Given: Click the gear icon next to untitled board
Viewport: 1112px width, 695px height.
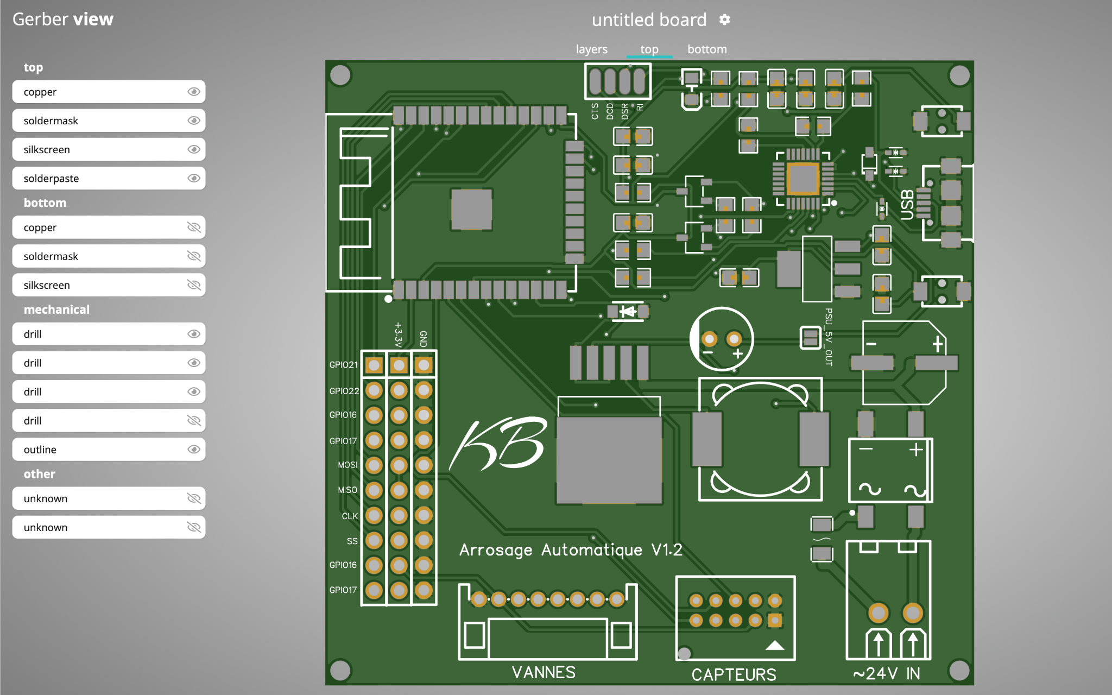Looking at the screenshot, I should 724,20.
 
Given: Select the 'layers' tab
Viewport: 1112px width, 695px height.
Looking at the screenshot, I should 591,49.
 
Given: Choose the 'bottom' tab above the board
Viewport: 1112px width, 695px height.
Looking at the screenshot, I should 706,49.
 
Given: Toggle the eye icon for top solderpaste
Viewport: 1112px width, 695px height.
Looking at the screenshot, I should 193,178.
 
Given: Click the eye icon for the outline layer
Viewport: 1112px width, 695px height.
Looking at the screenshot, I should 193,449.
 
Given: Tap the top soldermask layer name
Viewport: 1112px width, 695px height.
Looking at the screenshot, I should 51,121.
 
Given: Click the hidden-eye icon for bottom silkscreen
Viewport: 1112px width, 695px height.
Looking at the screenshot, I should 193,285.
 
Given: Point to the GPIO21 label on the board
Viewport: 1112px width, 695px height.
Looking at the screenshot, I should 343,365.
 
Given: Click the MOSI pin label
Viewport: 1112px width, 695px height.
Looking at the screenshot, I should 347,465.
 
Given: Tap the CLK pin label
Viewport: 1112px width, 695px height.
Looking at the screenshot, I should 350,516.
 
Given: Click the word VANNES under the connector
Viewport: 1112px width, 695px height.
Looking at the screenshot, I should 544,672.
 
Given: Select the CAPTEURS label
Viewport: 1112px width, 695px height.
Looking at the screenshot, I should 734,674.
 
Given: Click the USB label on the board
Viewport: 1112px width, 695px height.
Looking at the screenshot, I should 907,205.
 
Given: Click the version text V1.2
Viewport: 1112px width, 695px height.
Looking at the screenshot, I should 667,550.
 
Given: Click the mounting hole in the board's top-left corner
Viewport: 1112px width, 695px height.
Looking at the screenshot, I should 340,75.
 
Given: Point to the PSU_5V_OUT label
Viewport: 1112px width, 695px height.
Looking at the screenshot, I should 829,337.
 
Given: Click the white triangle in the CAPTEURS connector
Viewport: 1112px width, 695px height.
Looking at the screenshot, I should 775,645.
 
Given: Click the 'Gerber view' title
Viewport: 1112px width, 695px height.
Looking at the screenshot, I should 63,20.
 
